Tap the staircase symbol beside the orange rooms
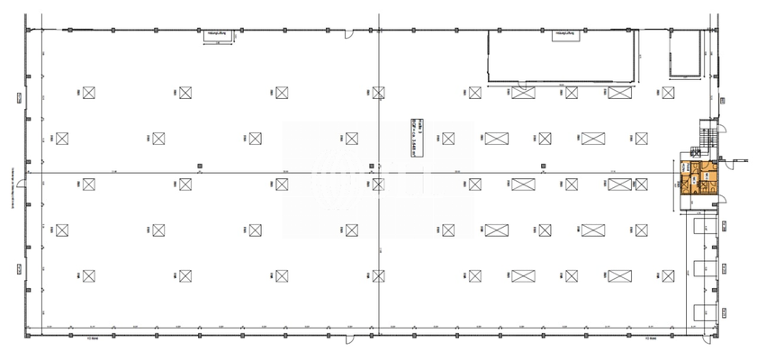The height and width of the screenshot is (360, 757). point(708,137)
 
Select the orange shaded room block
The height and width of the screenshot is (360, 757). point(695,178)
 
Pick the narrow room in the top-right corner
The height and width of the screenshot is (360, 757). point(684,53)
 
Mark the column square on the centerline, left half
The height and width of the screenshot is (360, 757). point(201,165)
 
